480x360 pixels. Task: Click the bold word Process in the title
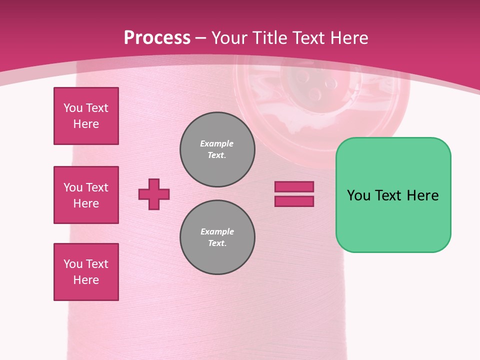(x=157, y=38)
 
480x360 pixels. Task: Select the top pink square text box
(x=86, y=116)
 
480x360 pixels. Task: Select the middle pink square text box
(x=86, y=195)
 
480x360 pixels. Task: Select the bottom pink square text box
(x=86, y=272)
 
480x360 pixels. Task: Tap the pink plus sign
(x=154, y=194)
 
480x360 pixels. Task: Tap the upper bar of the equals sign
(x=294, y=186)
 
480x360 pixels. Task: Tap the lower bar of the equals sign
(x=294, y=201)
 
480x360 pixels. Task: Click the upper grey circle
(x=217, y=149)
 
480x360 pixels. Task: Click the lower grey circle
(x=217, y=237)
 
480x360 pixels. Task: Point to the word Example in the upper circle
(x=217, y=143)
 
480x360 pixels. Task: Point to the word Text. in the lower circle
(x=217, y=243)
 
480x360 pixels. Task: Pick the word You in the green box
(x=358, y=195)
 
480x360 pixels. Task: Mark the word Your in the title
(x=229, y=38)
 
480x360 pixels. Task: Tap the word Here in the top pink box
(x=86, y=124)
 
